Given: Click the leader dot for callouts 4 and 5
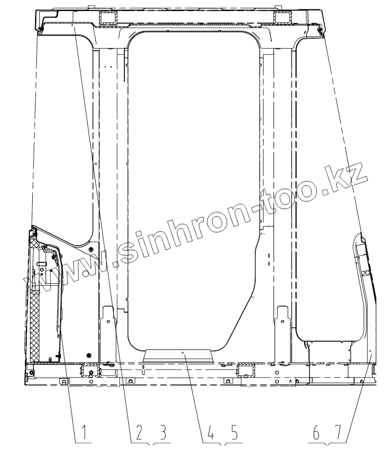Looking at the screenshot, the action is (x=183, y=352).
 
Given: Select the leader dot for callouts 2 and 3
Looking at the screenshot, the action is (x=72, y=25).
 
